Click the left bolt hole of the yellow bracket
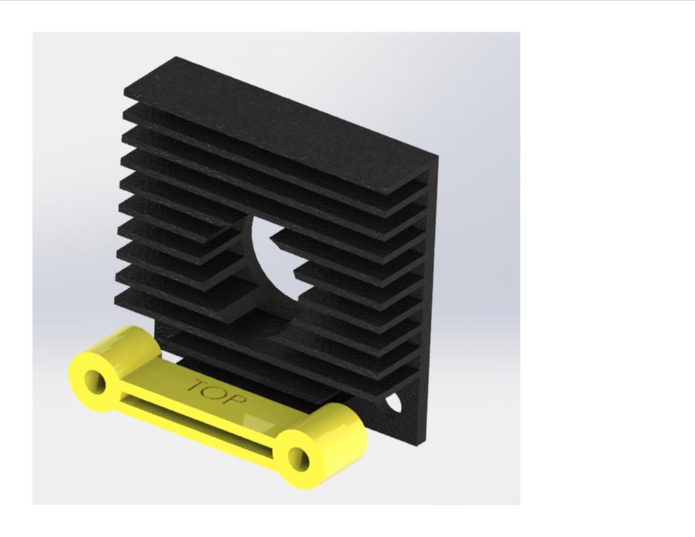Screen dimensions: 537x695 click(93, 381)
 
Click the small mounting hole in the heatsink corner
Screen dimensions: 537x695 click(394, 405)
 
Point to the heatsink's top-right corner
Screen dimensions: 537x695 click(437, 158)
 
